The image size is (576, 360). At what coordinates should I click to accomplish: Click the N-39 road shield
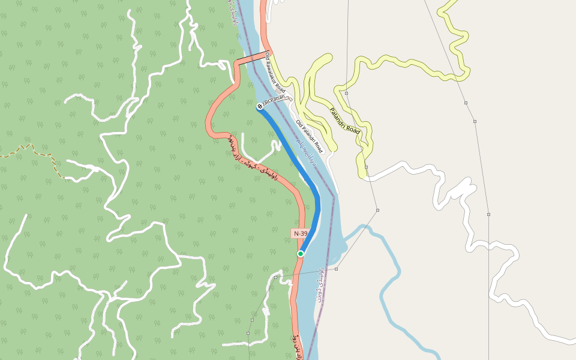pos(300,233)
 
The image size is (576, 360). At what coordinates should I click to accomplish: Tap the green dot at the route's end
pos(301,254)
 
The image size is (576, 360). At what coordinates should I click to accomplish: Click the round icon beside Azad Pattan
pos(260,106)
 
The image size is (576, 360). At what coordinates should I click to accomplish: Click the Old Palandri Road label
pos(310,136)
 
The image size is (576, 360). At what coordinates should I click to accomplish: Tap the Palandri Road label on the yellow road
pos(344,121)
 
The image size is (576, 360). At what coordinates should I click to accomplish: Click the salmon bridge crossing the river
pos(250,58)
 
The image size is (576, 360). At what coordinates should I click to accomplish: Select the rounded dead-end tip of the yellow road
pos(327,58)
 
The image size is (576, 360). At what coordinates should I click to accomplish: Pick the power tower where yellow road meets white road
pos(366,167)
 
